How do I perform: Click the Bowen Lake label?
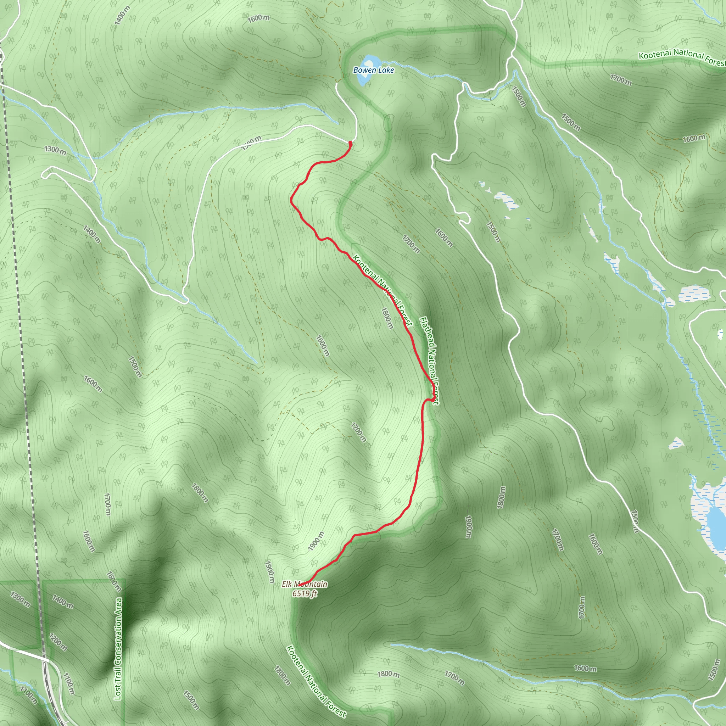374,70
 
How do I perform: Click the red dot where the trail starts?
350,143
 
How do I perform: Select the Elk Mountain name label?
305,584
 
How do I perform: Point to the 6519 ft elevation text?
305,593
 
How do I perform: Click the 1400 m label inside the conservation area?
63,601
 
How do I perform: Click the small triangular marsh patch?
676,443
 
